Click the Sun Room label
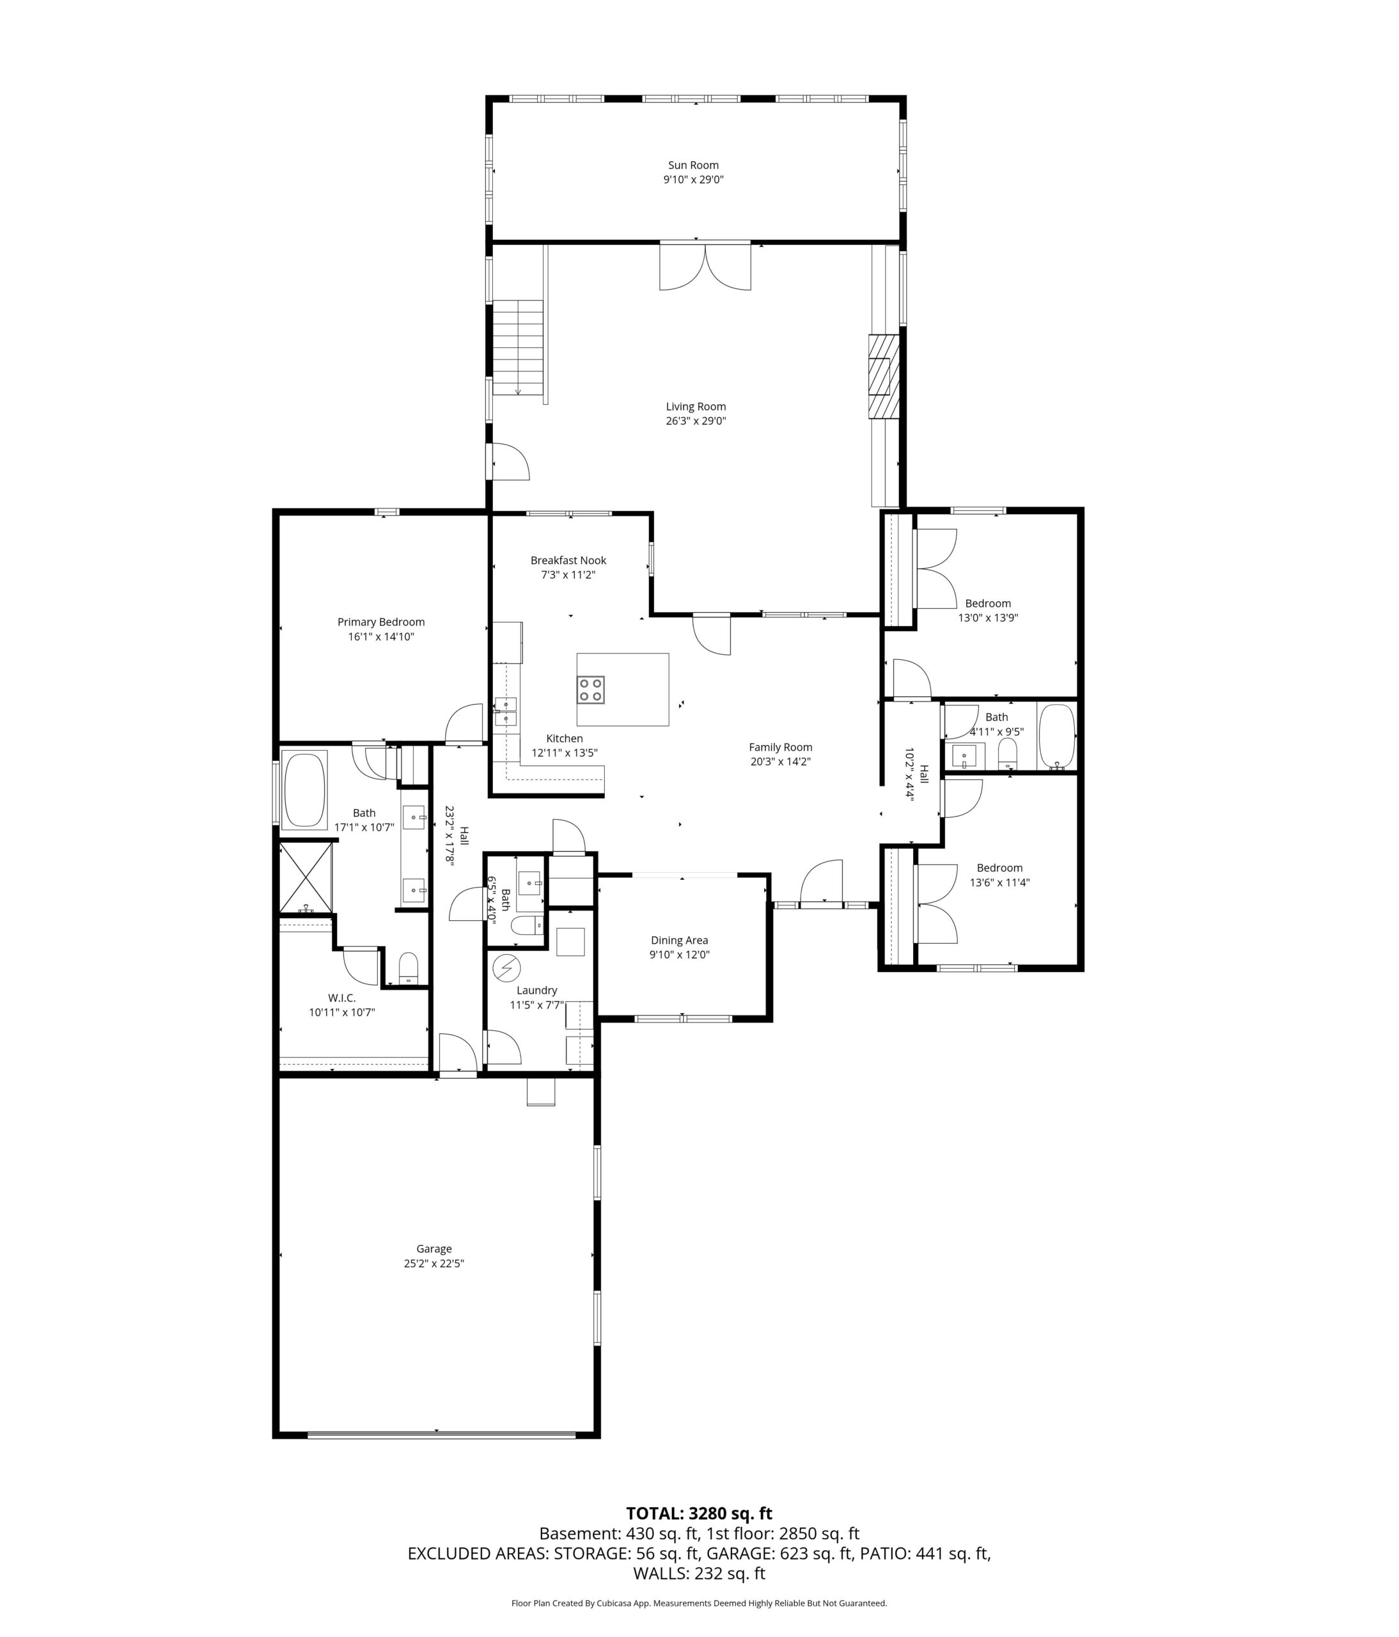(x=692, y=165)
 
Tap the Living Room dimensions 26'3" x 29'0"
(x=695, y=421)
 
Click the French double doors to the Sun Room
(x=705, y=266)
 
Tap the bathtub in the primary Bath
(x=304, y=790)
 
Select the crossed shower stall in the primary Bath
(x=306, y=878)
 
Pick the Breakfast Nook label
(x=568, y=560)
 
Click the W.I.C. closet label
(x=342, y=998)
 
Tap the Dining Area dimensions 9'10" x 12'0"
(x=679, y=955)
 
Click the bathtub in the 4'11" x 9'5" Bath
(x=1056, y=737)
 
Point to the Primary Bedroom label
(x=380, y=622)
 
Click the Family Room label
(x=781, y=748)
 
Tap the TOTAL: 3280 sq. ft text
(x=699, y=1513)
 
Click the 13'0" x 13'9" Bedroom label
(x=987, y=604)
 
